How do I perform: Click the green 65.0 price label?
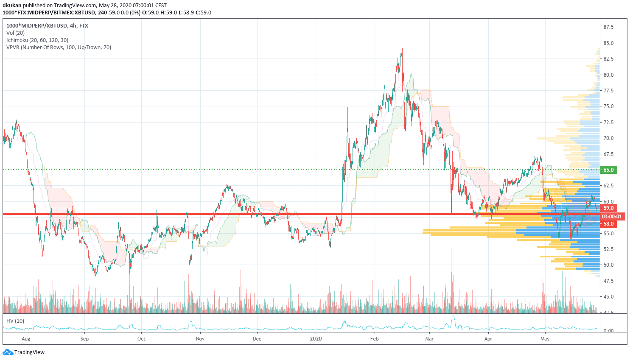[x=608, y=170]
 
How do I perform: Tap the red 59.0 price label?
[x=608, y=208]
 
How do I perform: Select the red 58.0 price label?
[x=608, y=224]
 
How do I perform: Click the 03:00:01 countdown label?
[x=611, y=216]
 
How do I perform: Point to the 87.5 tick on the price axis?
[x=608, y=27]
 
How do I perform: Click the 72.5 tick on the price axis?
[x=608, y=123]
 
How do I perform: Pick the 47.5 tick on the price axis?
[x=608, y=281]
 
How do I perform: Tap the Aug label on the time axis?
[x=26, y=339]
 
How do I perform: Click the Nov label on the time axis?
[x=200, y=339]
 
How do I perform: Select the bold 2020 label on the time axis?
[x=316, y=339]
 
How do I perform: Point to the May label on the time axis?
[x=545, y=339]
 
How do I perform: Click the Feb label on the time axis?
[x=374, y=339]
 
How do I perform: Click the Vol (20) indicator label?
[x=16, y=33]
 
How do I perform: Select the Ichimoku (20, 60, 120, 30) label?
[x=37, y=40]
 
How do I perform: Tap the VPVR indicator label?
[x=59, y=47]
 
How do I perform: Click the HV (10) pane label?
[x=15, y=321]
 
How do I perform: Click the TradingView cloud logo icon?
[x=8, y=352]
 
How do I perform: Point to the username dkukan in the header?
[x=12, y=6]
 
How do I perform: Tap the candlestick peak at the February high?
[x=402, y=49]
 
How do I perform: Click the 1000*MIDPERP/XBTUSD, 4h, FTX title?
[x=47, y=26]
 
